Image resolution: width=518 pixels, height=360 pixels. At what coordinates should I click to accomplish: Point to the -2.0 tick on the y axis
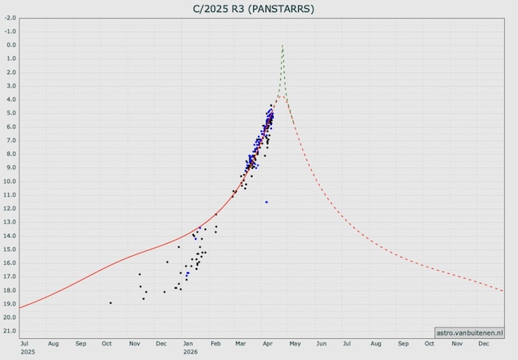(x=11, y=31)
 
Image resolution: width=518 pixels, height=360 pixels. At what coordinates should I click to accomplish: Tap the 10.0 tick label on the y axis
(x=11, y=181)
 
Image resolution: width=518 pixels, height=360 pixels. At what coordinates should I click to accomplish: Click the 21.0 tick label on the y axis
(x=11, y=331)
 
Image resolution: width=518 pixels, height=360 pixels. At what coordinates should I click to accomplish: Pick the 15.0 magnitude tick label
(x=11, y=249)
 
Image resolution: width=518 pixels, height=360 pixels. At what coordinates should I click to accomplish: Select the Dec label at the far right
(x=484, y=345)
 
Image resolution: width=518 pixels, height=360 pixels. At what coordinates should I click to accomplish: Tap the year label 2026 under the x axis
(x=190, y=353)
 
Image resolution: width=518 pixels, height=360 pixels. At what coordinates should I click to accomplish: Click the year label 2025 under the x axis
(x=28, y=353)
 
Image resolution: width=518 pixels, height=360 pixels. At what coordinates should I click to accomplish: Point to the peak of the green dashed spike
(x=282, y=46)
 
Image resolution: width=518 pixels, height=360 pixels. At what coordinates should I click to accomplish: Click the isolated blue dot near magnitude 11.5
(x=266, y=202)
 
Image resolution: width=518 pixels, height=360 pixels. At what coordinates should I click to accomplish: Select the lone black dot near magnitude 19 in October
(x=110, y=302)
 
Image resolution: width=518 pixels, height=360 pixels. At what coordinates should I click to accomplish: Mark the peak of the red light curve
(x=281, y=95)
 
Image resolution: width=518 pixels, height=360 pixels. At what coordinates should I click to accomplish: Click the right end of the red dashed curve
(x=503, y=290)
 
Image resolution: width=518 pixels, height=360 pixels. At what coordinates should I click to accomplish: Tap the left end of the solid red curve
(x=19, y=307)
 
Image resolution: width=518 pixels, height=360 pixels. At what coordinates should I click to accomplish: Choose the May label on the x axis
(x=296, y=345)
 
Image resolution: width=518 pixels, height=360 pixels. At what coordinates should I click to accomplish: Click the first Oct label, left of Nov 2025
(x=106, y=345)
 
